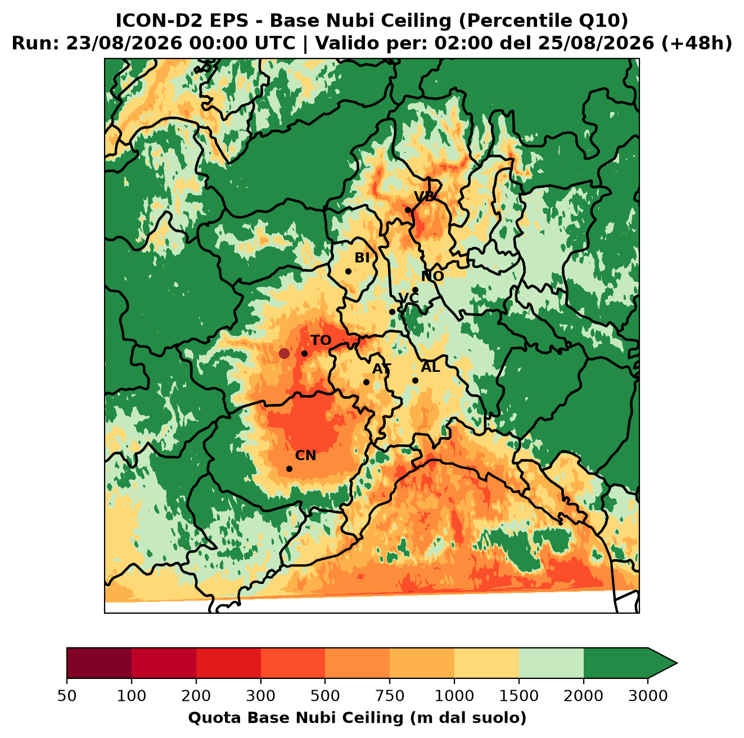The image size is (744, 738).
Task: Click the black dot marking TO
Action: [x=304, y=353]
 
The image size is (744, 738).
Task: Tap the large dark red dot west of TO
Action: [x=284, y=353]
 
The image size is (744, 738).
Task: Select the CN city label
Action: [x=305, y=456]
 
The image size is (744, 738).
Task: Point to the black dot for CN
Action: [x=289, y=469]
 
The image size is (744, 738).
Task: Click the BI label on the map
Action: [x=362, y=258]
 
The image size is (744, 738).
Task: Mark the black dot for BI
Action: [x=348, y=272]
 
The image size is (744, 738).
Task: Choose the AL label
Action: [x=431, y=367]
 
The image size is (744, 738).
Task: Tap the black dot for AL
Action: [x=415, y=380]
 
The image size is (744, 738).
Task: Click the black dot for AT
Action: [x=367, y=382]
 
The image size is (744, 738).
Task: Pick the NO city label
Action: [x=432, y=276]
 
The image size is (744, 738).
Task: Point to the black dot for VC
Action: [x=393, y=312]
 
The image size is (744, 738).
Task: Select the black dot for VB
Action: [x=408, y=210]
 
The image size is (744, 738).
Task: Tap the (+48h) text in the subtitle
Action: [x=697, y=43]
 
